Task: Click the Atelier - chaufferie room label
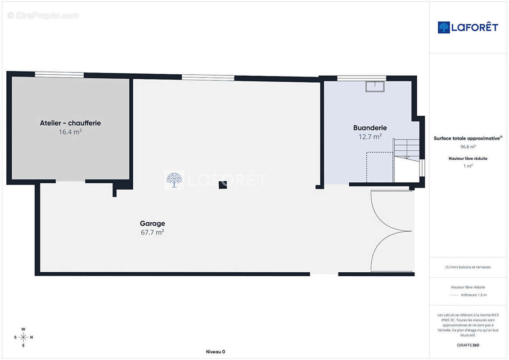tap(70, 123)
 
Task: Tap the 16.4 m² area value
tap(70, 132)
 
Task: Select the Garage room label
tap(152, 224)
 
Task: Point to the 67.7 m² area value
tap(152, 233)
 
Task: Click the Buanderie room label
tap(370, 128)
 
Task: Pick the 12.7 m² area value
tap(370, 137)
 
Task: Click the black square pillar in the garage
tap(223, 184)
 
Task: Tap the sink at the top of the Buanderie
tap(375, 87)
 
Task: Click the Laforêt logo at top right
tap(468, 27)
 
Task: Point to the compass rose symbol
tap(23, 337)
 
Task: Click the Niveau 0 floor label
tap(216, 351)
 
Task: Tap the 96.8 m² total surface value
tap(468, 147)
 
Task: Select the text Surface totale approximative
tap(467, 138)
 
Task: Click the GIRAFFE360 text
tap(468, 345)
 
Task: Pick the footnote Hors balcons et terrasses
tap(468, 267)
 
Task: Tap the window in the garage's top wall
tap(208, 77)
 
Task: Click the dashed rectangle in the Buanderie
tap(380, 167)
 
